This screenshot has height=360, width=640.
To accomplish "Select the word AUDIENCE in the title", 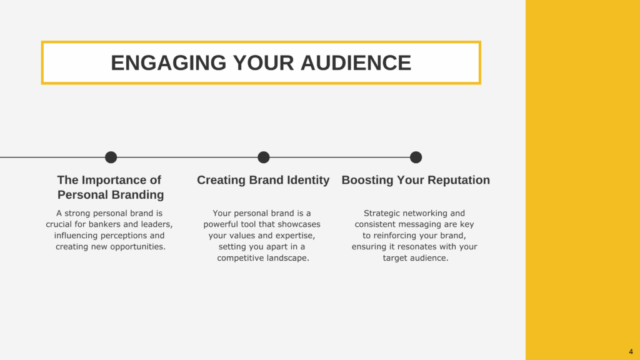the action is click(x=356, y=63).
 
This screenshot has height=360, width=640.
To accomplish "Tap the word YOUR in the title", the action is click(x=263, y=63).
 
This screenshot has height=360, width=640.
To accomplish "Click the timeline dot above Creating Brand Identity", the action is click(x=264, y=157).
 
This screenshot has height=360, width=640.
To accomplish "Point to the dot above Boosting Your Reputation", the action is click(x=416, y=157).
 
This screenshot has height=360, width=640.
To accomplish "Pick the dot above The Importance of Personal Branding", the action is click(x=111, y=157).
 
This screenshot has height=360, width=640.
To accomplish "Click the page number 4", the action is click(x=631, y=351).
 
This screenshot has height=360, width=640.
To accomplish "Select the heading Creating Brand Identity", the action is click(x=263, y=180).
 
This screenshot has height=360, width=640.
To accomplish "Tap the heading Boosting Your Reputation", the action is click(x=416, y=180).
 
